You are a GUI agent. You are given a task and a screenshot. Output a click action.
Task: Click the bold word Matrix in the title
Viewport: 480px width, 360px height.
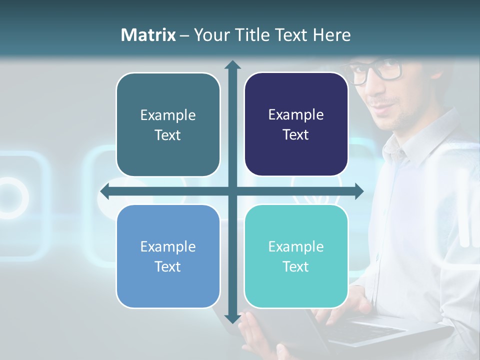[x=148, y=35]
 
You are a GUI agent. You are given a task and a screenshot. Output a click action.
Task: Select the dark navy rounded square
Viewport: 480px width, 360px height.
[x=296, y=124]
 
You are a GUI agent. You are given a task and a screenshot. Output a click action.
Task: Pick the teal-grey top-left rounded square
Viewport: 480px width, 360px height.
[x=168, y=124]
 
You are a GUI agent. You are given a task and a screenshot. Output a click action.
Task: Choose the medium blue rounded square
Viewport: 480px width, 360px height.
[x=168, y=256]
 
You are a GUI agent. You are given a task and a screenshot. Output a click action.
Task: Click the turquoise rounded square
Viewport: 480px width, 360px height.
[x=296, y=256]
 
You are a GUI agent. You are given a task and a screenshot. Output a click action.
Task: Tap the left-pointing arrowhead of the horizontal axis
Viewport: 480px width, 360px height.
[x=104, y=191]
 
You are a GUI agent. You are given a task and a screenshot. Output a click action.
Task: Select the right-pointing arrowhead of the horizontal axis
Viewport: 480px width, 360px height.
[x=359, y=191]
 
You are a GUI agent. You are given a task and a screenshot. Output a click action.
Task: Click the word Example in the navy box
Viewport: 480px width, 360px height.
[x=296, y=114]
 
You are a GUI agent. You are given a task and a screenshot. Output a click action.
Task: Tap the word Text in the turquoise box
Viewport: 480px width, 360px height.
[x=296, y=266]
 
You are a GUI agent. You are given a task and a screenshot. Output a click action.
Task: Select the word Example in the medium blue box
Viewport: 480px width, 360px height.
[x=168, y=246]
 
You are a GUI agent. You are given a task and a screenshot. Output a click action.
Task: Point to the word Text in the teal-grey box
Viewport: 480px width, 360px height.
[x=168, y=135]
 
